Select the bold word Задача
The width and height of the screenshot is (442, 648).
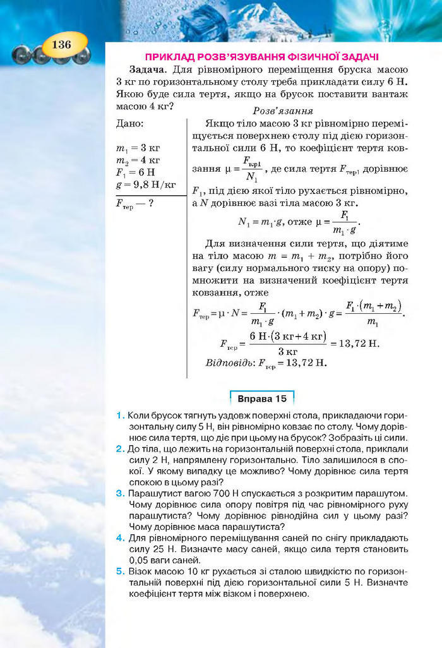[148, 69]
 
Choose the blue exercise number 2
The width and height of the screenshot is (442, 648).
[120, 448]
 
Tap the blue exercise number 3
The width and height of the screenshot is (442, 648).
[120, 493]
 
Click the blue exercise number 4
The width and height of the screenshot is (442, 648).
[120, 537]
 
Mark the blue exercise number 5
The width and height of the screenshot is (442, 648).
[120, 571]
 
